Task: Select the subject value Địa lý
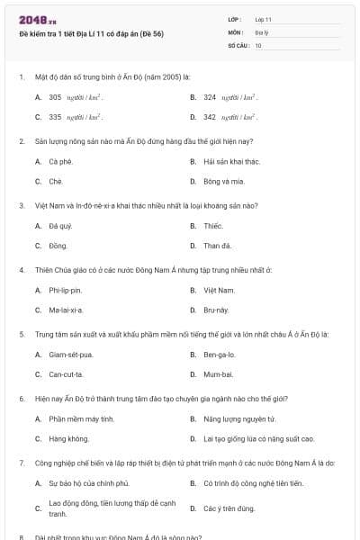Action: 261,31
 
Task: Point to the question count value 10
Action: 258,44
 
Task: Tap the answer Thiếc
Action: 212,226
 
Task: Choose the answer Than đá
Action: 217,246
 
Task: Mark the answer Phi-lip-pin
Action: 65,290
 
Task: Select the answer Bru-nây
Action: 216,310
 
